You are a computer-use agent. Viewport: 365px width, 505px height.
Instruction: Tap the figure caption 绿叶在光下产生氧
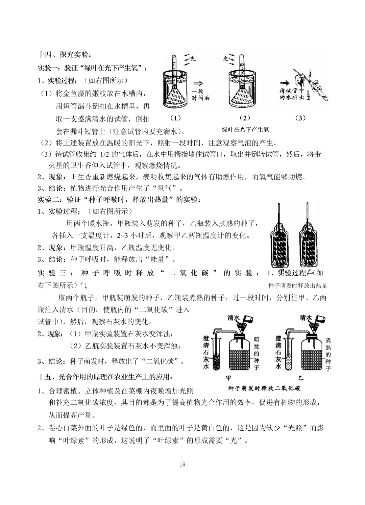(x=245, y=129)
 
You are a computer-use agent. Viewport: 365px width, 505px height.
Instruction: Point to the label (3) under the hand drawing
(x=300, y=118)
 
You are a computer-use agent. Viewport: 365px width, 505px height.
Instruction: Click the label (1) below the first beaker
(x=175, y=118)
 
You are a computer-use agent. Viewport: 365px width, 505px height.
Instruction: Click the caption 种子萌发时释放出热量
(x=298, y=285)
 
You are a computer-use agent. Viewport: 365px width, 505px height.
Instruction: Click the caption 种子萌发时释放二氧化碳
(x=264, y=388)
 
